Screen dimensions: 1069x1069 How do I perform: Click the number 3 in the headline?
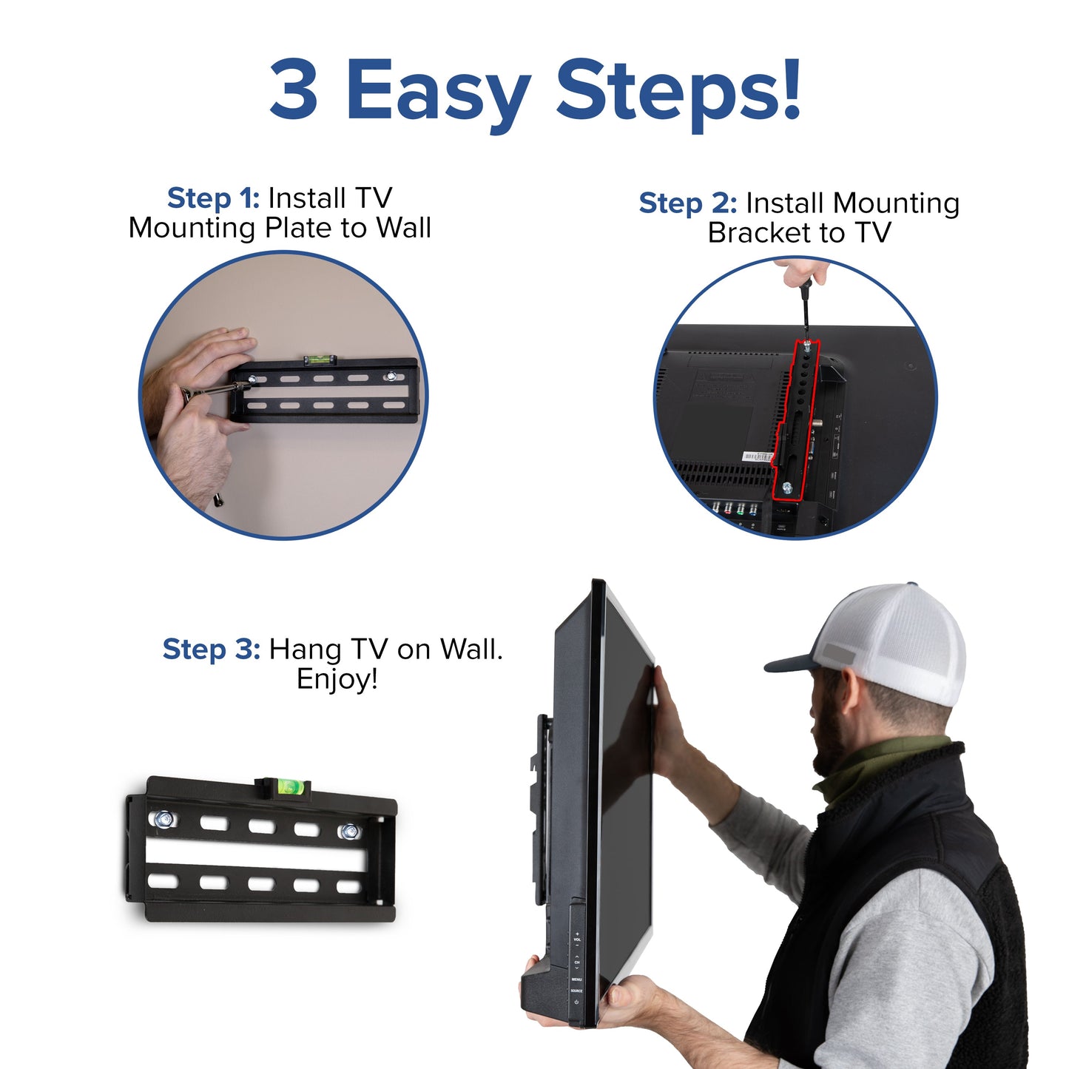click(294, 90)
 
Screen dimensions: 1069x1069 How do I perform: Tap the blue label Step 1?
click(213, 198)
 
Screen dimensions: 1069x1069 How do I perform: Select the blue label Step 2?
click(687, 203)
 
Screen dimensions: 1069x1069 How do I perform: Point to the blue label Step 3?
click(211, 650)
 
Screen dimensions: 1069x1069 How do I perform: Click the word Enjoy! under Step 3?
click(337, 679)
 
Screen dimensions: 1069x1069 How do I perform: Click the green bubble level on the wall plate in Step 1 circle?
click(320, 360)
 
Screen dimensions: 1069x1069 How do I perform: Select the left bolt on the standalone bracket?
click(162, 819)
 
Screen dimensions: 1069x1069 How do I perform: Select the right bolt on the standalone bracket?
click(348, 832)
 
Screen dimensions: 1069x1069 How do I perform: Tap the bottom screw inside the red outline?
click(787, 488)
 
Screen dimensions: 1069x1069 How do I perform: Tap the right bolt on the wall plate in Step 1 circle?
click(390, 377)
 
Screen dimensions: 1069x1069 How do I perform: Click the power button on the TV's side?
click(576, 1002)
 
